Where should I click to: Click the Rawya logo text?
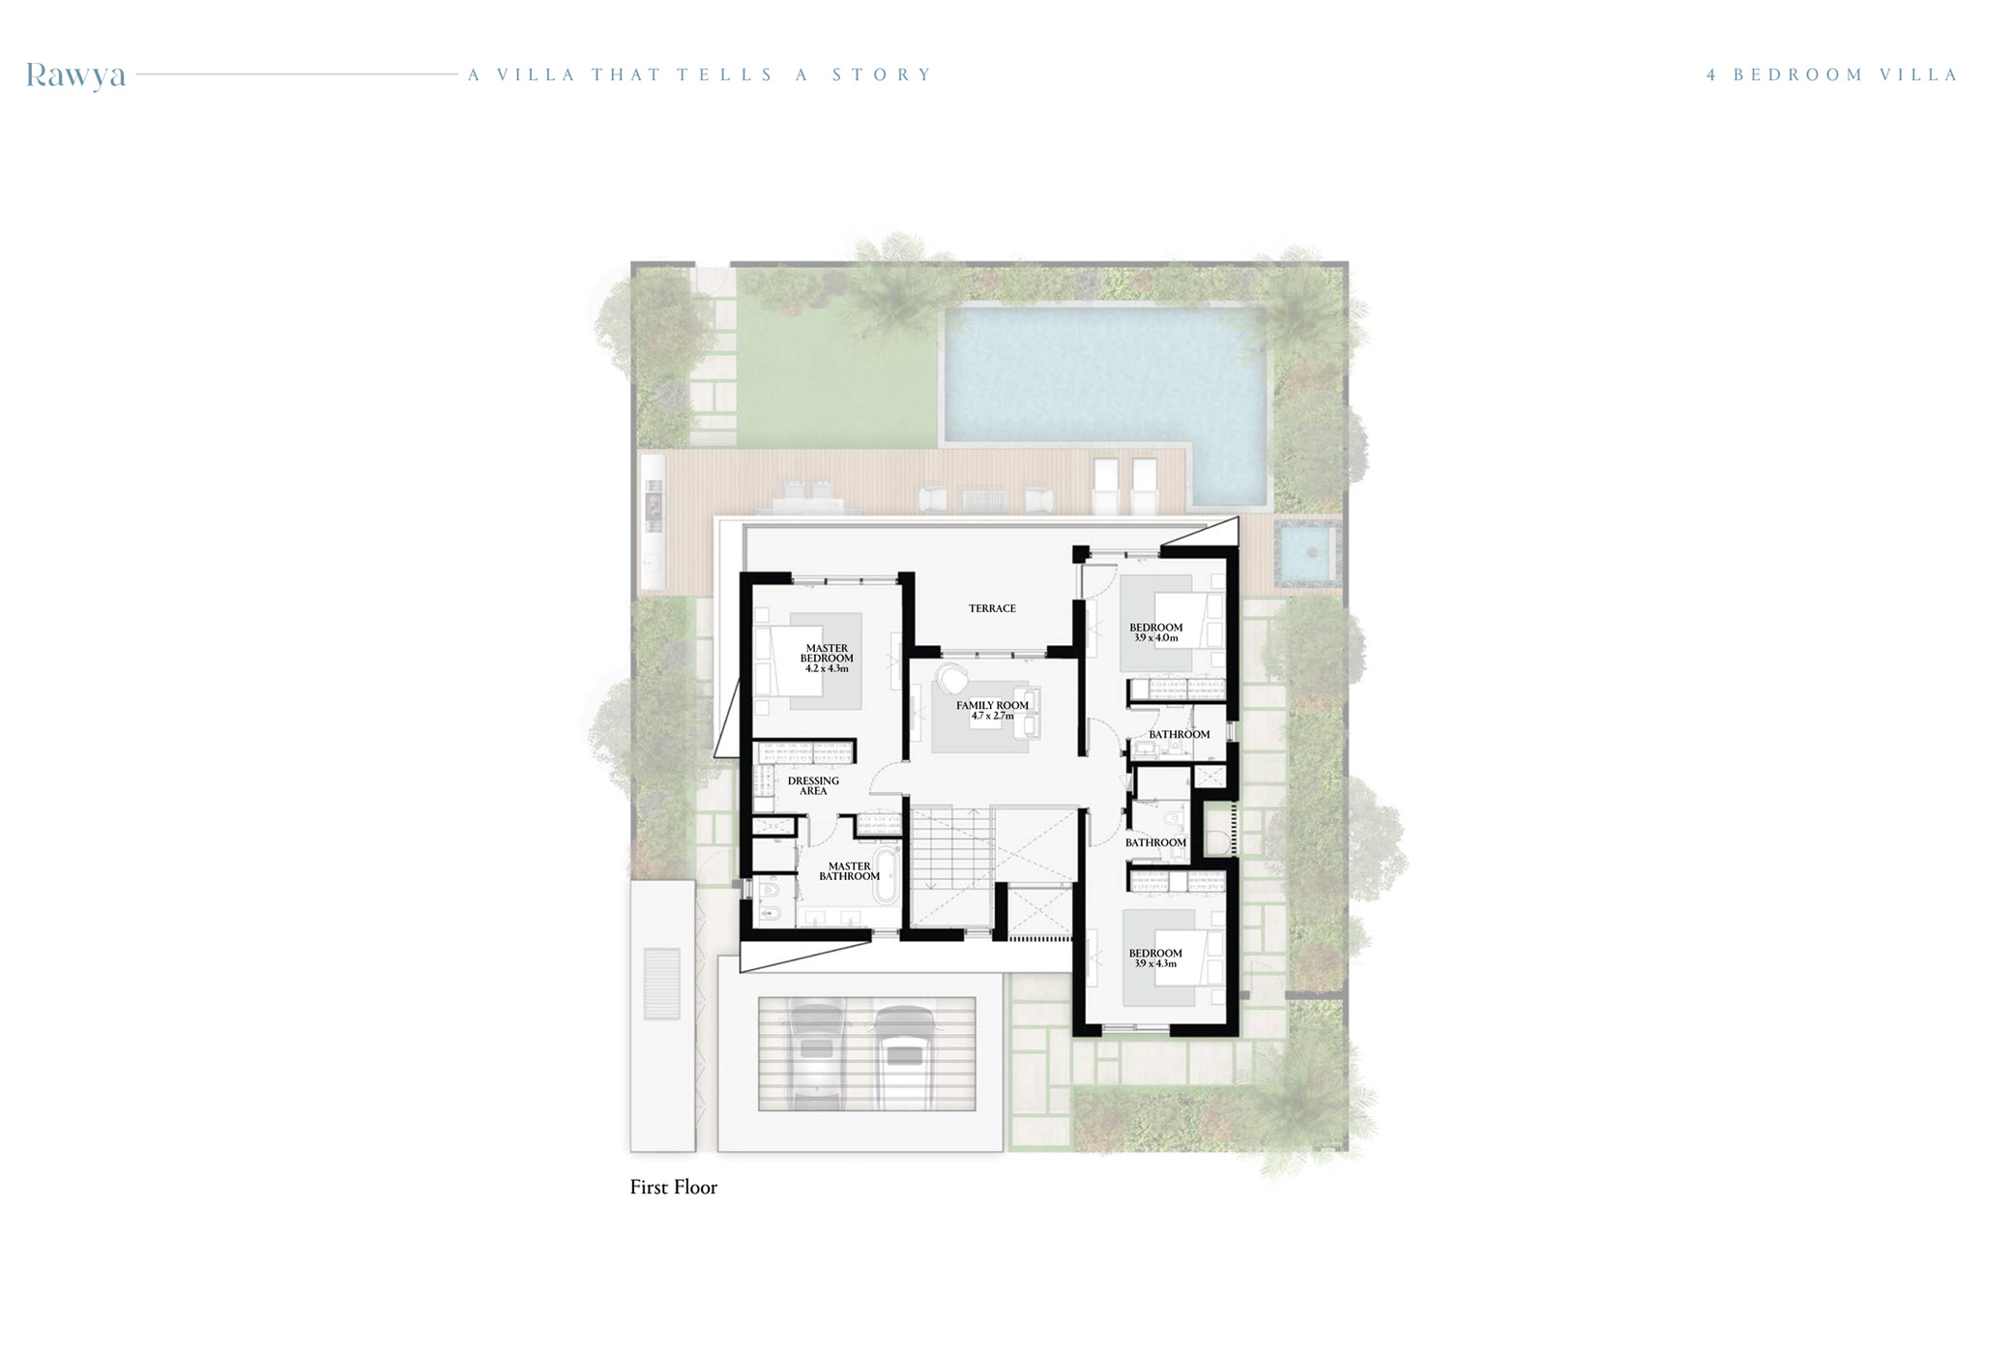coord(75,74)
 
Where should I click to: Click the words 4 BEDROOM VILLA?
coord(1831,74)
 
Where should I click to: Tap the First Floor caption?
coord(673,1187)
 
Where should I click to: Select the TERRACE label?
coord(992,608)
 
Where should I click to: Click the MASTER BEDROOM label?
coord(827,659)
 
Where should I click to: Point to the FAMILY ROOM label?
coord(992,710)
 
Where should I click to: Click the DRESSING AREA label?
coord(813,785)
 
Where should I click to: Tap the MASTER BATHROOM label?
coord(849,871)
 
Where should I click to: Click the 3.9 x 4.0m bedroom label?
coord(1155,633)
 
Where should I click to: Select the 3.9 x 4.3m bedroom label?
coord(1155,957)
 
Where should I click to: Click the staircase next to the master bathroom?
coord(949,851)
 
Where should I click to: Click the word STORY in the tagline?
coord(881,74)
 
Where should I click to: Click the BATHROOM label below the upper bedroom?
coord(1179,734)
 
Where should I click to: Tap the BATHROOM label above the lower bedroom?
coord(1155,842)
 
